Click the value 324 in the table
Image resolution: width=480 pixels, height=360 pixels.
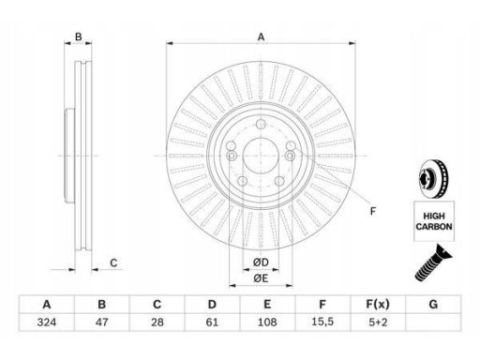click(47, 322)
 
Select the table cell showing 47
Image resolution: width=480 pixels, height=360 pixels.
click(102, 322)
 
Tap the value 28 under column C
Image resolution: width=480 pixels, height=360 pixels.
click(157, 322)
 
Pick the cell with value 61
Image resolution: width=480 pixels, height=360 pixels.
click(212, 322)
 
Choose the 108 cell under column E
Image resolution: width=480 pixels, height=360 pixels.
click(267, 322)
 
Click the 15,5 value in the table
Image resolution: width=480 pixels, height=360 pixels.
click(322, 322)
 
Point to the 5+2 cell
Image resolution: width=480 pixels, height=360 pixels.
click(378, 322)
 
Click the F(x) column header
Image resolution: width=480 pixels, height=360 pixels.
click(378, 304)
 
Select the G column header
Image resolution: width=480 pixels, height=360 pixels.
click(433, 304)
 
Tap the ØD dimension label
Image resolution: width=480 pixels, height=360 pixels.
click(261, 262)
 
